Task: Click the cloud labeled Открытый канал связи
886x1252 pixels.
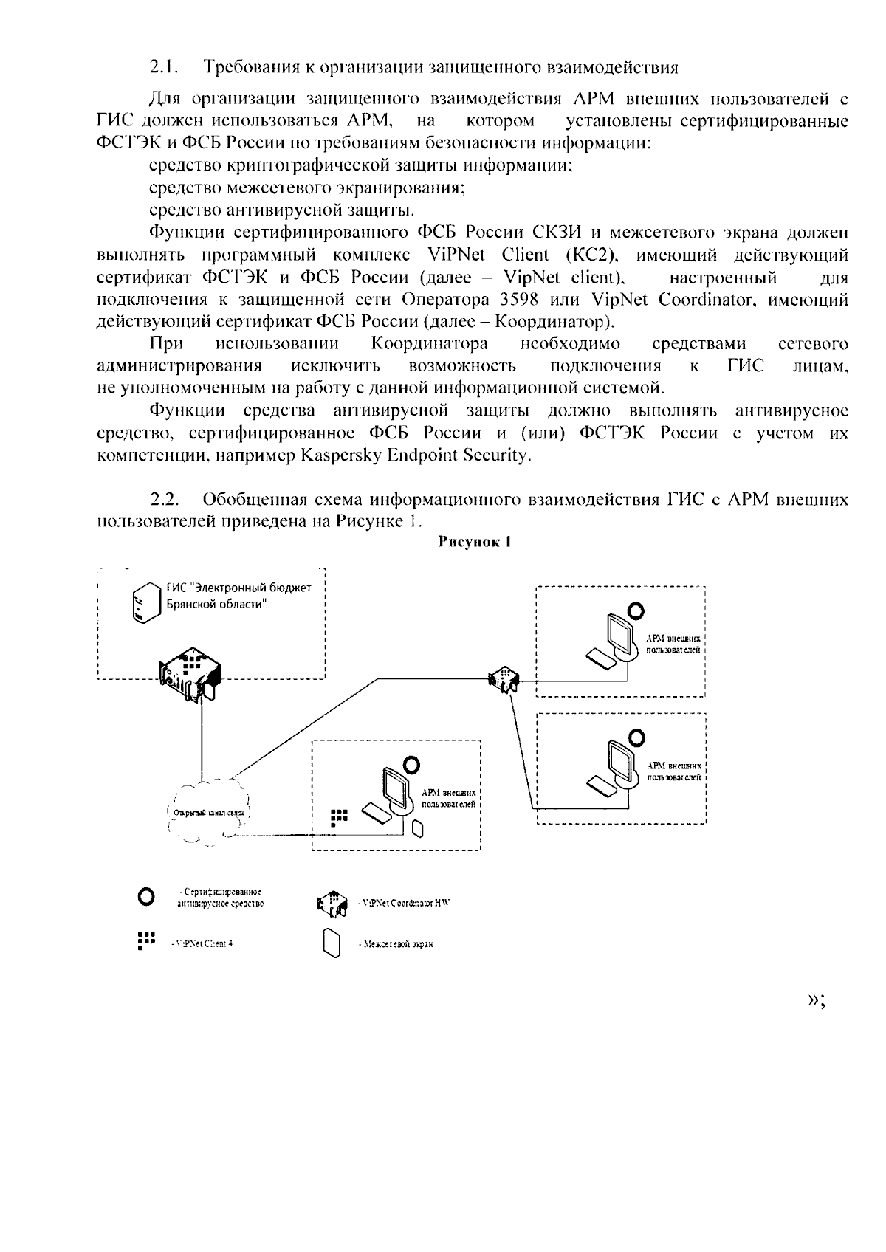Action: [x=206, y=812]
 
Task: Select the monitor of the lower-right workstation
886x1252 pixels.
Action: [x=620, y=760]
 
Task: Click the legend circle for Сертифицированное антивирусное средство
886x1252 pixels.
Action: [x=146, y=897]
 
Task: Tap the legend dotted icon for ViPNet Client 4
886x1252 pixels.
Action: [x=146, y=940]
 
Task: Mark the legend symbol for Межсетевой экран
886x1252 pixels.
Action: [x=332, y=943]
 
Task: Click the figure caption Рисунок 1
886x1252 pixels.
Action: [x=475, y=542]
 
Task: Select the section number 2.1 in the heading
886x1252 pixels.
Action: [x=165, y=68]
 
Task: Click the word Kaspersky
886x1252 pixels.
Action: [x=340, y=455]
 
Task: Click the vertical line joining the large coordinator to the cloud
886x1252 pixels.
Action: [x=202, y=738]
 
